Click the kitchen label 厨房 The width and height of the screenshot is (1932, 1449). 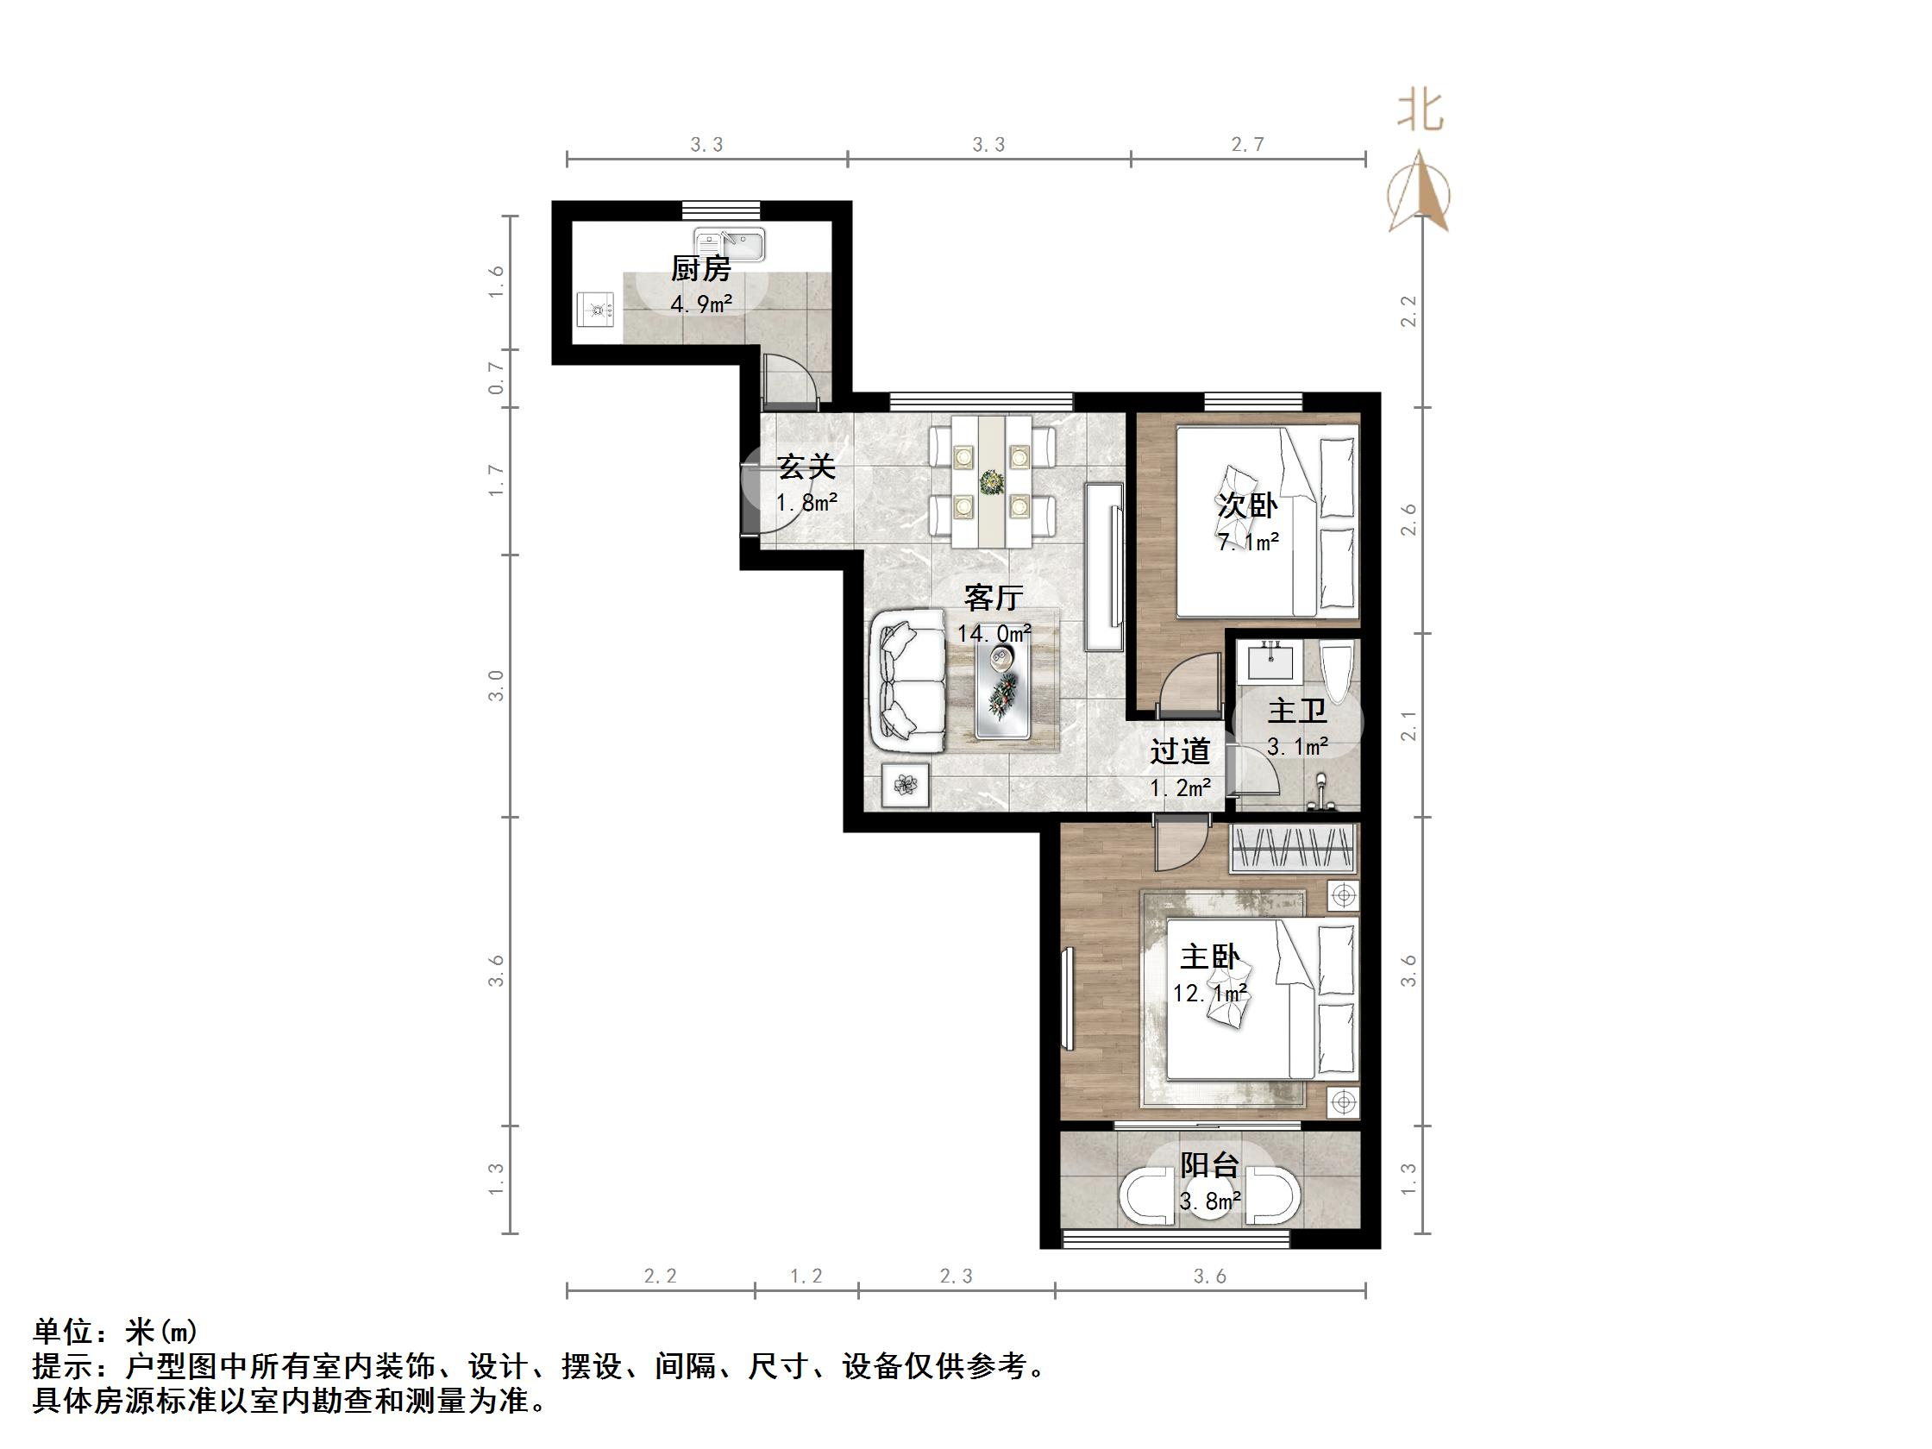pyautogui.click(x=700, y=269)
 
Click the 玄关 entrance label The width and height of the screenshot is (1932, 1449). pyautogui.click(x=806, y=467)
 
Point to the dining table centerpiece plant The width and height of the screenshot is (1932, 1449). pyautogui.click(x=991, y=481)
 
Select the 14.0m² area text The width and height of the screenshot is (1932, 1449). pyautogui.click(x=993, y=633)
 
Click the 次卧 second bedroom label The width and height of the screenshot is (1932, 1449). pyautogui.click(x=1247, y=505)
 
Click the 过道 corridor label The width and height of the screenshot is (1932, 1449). pyautogui.click(x=1179, y=751)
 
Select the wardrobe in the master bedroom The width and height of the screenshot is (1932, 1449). pyautogui.click(x=1293, y=848)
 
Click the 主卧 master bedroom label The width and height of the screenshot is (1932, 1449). pyautogui.click(x=1210, y=957)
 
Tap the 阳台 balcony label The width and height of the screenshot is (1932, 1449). pyautogui.click(x=1210, y=1165)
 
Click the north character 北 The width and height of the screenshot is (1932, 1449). pyautogui.click(x=1421, y=112)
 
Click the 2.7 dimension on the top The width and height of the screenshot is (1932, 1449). pyautogui.click(x=1247, y=145)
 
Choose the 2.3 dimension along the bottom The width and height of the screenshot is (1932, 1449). pyautogui.click(x=956, y=1276)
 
